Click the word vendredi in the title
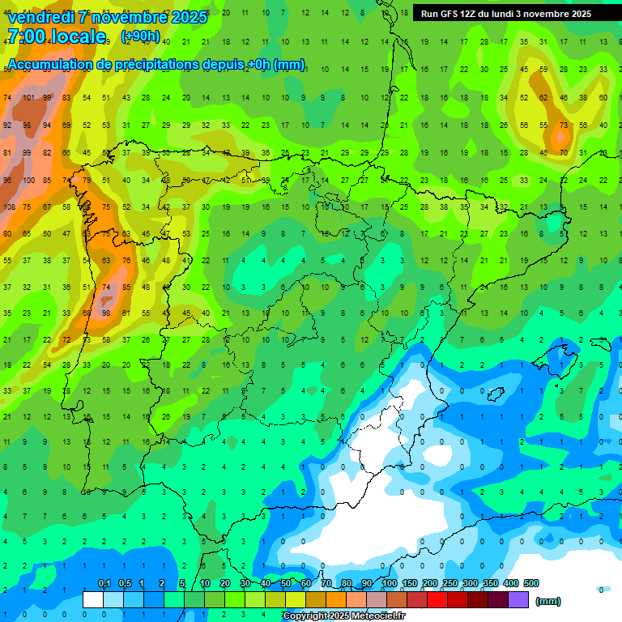(x=40, y=17)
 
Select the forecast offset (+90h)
(x=140, y=36)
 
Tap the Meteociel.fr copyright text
(x=343, y=616)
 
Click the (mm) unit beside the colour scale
(x=548, y=601)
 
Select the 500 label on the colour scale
(x=530, y=583)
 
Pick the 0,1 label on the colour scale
(x=104, y=583)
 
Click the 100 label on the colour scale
(x=389, y=583)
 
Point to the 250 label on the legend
(x=449, y=583)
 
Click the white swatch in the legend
(x=93, y=600)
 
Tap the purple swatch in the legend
(x=518, y=600)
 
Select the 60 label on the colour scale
(x=306, y=583)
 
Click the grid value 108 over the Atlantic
(x=9, y=207)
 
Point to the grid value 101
(x=28, y=98)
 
